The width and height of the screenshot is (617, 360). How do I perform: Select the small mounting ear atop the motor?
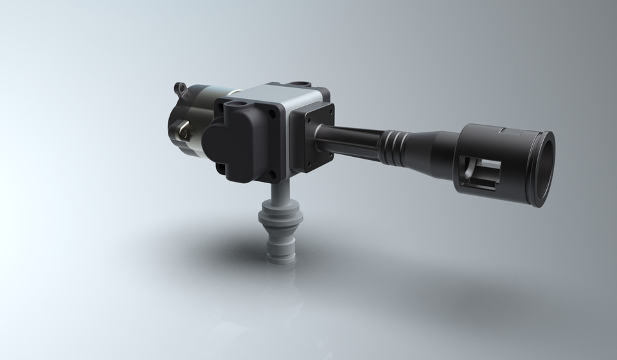click(x=181, y=87)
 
